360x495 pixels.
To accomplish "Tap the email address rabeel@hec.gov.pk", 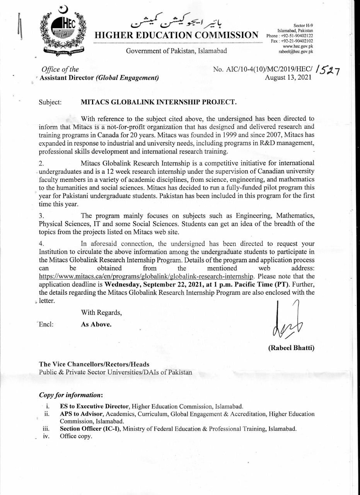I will tap(296, 51).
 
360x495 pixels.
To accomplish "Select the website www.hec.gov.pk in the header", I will tap(298, 46).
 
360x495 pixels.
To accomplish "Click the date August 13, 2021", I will tap(288, 78).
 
